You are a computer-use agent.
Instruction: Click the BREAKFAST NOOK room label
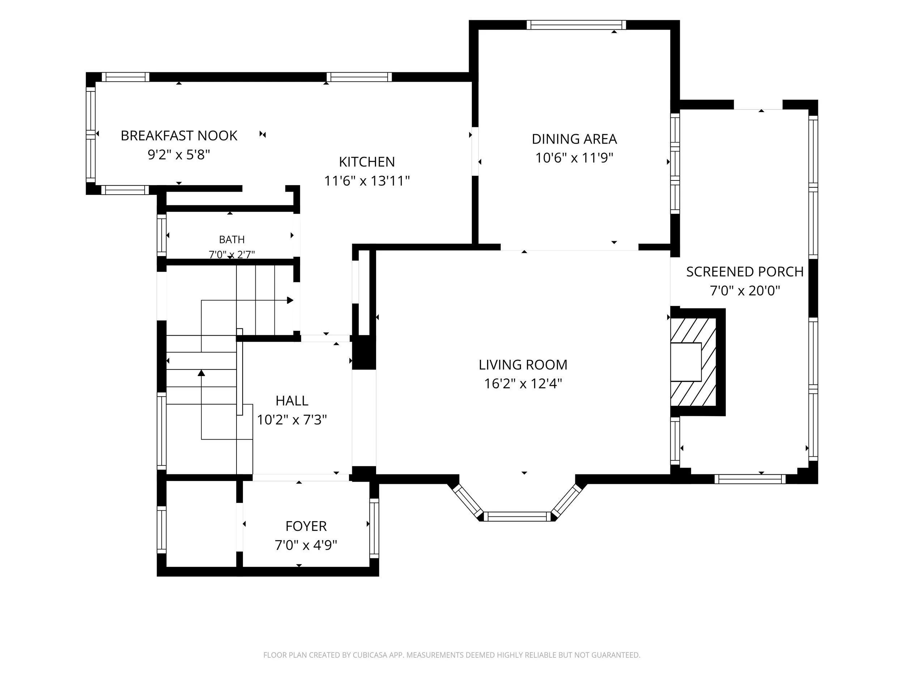[179, 136]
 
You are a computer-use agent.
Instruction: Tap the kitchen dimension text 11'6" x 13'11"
[367, 181]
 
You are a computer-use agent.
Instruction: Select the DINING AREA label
[574, 139]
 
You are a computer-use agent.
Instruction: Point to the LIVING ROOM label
[523, 364]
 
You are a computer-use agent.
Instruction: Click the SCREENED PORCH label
[745, 272]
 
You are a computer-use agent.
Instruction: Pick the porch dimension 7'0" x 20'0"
[745, 291]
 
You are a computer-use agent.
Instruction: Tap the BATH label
[232, 239]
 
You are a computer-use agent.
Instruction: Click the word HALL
[292, 401]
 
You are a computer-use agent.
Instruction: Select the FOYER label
[306, 526]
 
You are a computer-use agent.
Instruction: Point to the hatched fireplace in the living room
[693, 362]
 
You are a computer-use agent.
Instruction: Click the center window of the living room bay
[517, 517]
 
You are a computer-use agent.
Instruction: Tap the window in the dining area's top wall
[576, 25]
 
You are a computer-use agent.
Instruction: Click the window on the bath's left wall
[162, 235]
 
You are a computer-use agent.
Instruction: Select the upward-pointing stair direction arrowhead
[201, 373]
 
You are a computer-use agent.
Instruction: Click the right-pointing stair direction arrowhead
[290, 300]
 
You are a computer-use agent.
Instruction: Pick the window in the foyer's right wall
[374, 528]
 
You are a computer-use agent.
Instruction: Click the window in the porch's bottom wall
[750, 479]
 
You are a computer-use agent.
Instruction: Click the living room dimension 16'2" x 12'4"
[523, 383]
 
